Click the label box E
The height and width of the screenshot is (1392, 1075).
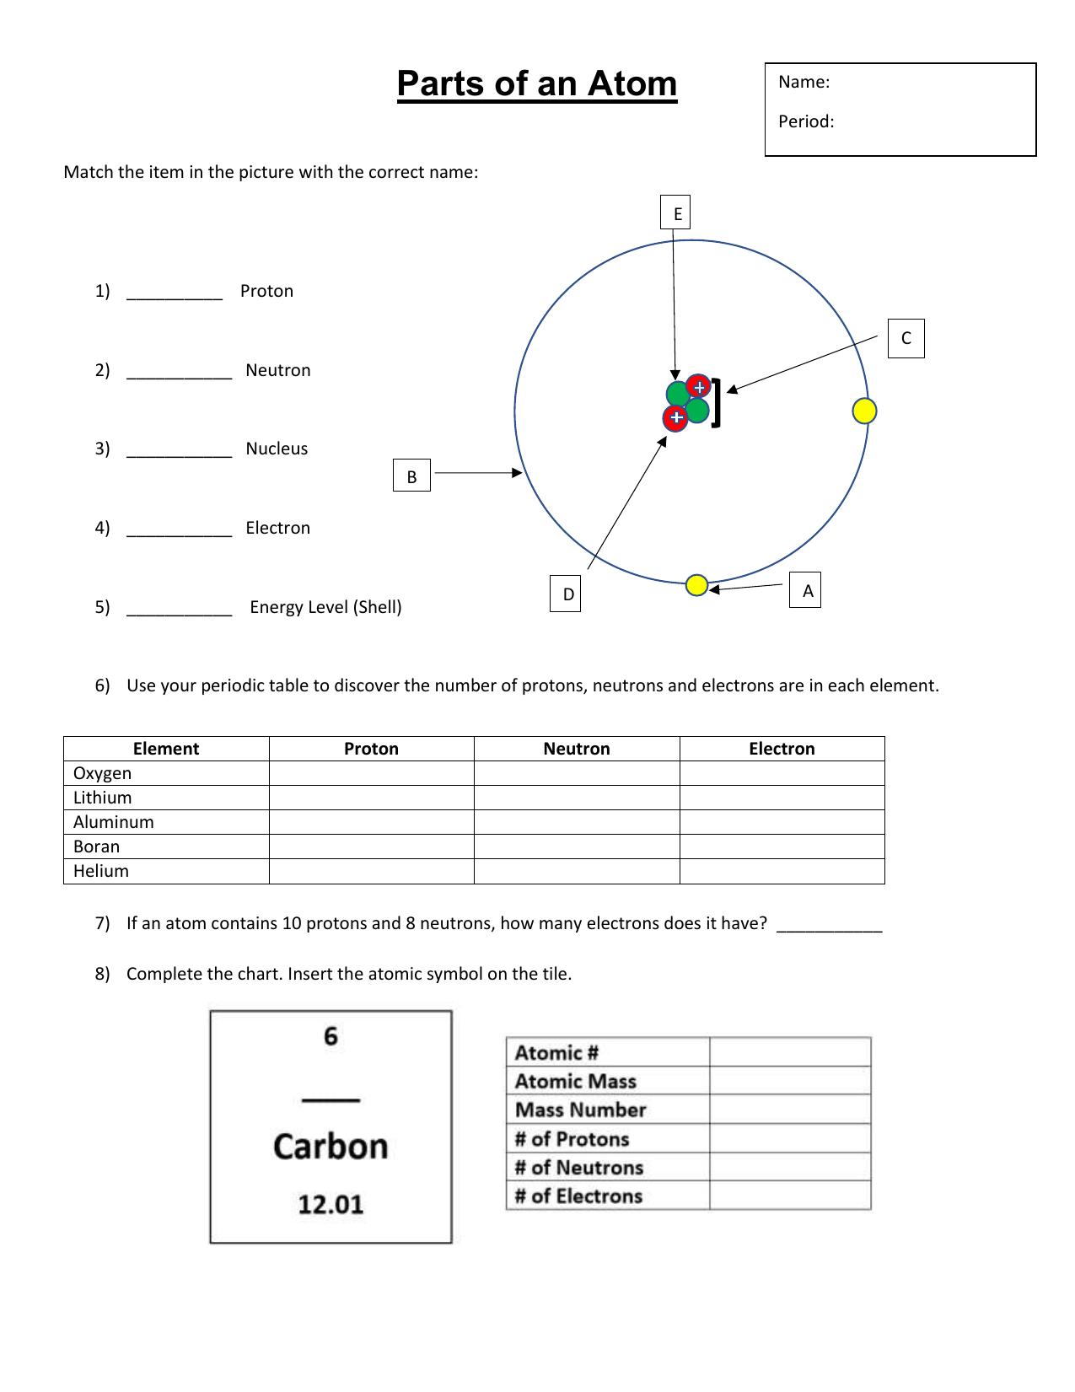tap(675, 213)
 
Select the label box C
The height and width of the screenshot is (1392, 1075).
tap(906, 338)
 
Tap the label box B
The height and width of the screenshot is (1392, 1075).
tap(411, 476)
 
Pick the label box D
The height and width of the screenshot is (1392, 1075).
tap(565, 594)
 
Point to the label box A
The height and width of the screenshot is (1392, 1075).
tap(805, 590)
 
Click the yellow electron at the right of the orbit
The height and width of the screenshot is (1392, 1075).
tap(864, 411)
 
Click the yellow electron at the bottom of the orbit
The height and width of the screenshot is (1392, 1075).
tap(696, 584)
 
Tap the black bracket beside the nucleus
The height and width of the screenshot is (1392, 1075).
tap(717, 403)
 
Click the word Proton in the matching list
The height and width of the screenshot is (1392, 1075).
tap(266, 291)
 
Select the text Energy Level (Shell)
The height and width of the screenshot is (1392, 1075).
tap(325, 607)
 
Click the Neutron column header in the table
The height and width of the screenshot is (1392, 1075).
tap(577, 749)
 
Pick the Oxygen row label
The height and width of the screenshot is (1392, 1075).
tap(102, 773)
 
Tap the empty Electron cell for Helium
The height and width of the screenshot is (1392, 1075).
tap(782, 871)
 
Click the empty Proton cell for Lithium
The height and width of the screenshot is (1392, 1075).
tap(371, 798)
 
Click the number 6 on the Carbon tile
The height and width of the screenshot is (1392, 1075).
tap(331, 1036)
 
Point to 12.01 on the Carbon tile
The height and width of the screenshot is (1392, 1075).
tap(331, 1204)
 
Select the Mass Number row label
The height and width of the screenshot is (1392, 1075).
tap(580, 1110)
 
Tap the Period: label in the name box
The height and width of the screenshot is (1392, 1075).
tap(806, 121)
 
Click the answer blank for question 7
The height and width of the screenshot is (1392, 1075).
tap(829, 925)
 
